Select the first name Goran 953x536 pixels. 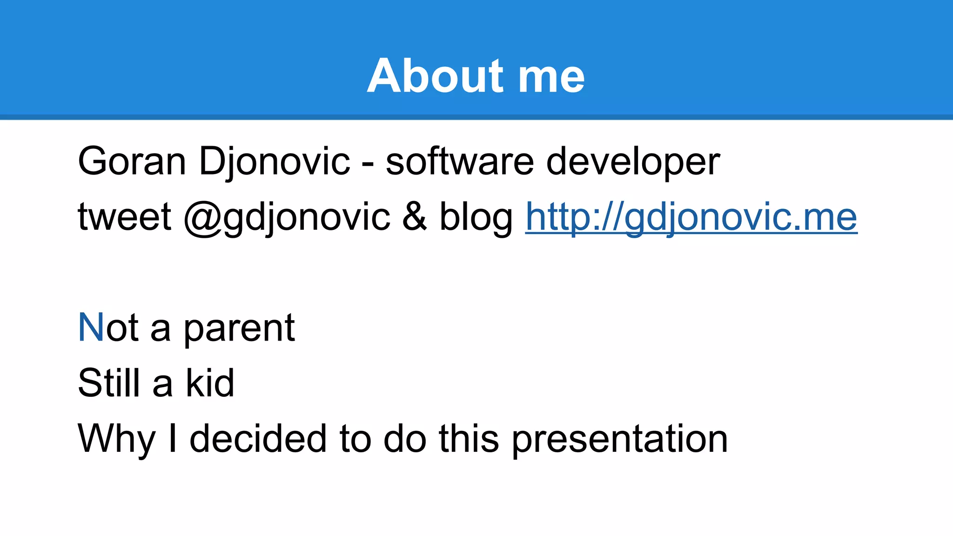tap(132, 161)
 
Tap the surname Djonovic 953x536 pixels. tap(275, 162)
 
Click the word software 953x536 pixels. tap(460, 161)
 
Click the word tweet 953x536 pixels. tap(125, 217)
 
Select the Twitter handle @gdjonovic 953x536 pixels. tap(287, 218)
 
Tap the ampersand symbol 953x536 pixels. tap(415, 217)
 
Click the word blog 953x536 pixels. tap(476, 218)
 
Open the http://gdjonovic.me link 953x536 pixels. tap(691, 218)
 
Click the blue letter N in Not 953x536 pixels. tap(91, 328)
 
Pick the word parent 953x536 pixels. tap(239, 329)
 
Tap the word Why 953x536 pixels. tap(117, 439)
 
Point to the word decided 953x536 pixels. tap(258, 438)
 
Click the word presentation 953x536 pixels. tap(620, 439)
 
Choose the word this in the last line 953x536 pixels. tap(469, 438)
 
